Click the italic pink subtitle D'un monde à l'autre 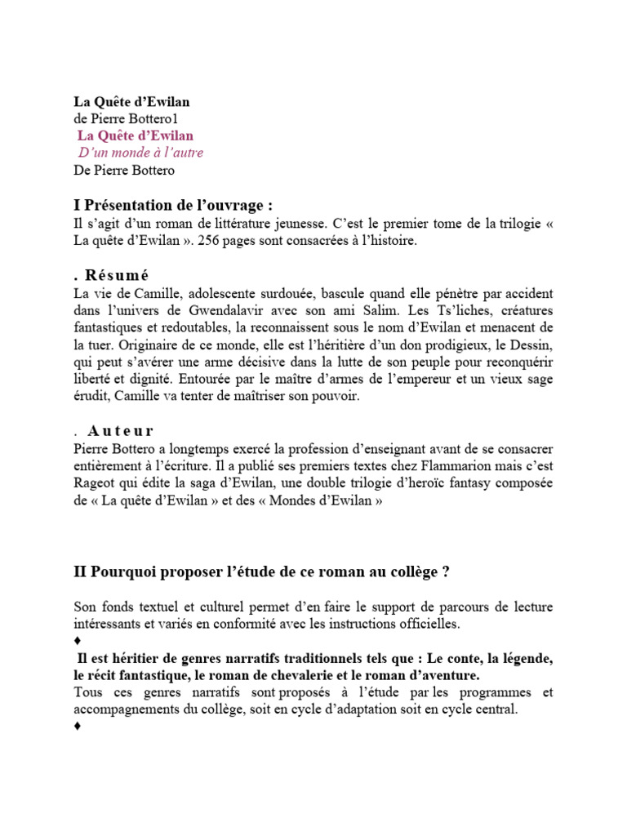[140, 153]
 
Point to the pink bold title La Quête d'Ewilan [136, 136]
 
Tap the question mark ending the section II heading [446, 572]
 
